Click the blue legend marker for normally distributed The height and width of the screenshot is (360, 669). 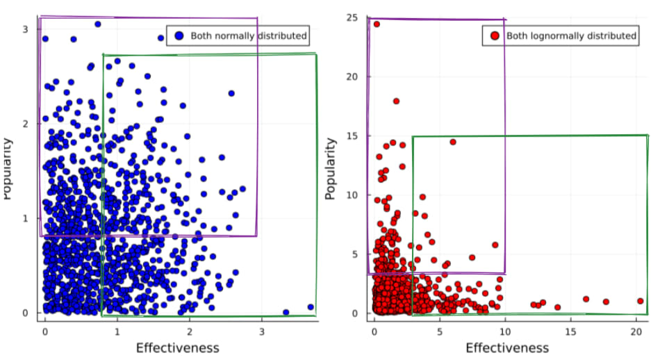point(179,35)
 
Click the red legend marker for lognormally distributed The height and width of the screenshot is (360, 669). point(495,35)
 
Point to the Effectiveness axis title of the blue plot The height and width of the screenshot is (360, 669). point(177,347)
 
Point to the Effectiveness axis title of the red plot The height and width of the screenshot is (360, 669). point(507,347)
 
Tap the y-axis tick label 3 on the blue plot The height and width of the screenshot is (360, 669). point(24,29)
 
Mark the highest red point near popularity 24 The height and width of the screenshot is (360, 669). point(377,24)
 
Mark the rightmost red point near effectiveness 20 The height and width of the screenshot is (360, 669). point(641,301)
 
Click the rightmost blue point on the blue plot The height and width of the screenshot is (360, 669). point(311,307)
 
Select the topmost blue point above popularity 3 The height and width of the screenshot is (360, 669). point(98,24)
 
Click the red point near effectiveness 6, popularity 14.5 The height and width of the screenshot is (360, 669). point(453,142)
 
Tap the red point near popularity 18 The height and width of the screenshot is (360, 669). point(396,101)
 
